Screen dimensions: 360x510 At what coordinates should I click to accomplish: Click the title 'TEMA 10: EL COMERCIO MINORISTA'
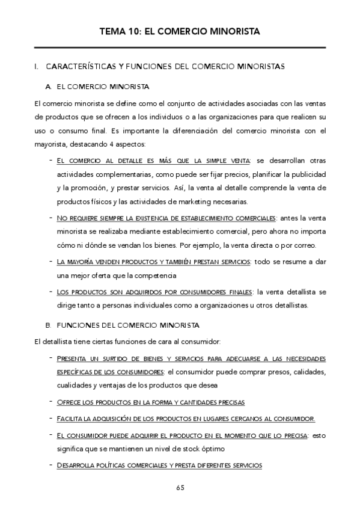[x=180, y=31]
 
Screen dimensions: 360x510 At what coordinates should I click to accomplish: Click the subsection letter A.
[x=48, y=87]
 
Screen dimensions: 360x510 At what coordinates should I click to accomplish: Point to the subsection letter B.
[x=48, y=325]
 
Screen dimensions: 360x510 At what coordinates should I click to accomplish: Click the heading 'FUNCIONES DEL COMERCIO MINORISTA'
[x=127, y=325]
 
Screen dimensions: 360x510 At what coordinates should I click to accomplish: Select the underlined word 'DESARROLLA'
[x=77, y=465]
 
